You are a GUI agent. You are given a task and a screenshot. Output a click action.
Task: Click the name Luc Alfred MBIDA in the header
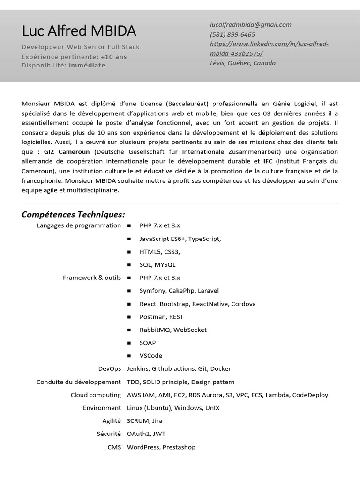pos(79,31)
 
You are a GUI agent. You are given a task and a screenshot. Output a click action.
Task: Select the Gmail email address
pos(251,25)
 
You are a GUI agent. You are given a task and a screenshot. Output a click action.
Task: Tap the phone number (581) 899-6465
pos(232,34)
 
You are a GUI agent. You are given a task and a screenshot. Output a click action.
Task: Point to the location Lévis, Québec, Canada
pos(243,63)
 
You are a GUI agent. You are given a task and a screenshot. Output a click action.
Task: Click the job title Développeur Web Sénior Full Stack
pos(81,47)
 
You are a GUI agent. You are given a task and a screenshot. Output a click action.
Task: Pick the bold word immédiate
pos(87,65)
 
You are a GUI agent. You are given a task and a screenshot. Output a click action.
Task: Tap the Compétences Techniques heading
pos(74,215)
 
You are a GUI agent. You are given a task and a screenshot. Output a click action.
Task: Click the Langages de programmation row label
pos(78,225)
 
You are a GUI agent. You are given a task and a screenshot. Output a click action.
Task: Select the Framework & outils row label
pos(91,277)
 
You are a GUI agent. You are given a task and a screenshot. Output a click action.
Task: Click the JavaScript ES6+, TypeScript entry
pos(180,239)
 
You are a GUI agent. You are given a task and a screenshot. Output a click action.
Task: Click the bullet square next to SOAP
pos(129,343)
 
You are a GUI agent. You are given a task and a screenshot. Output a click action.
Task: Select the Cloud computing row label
pos(96,395)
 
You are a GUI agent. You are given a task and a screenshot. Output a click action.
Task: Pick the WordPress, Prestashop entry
pos(161,447)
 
